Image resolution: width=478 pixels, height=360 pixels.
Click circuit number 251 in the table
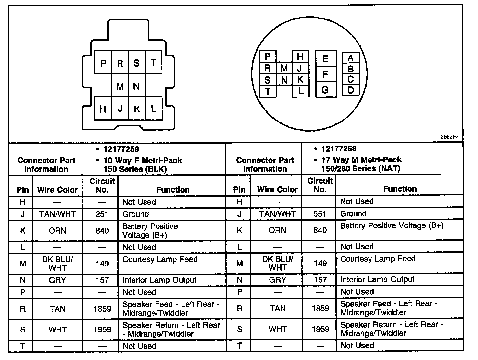102,214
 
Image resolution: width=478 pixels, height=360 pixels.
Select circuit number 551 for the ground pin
320,214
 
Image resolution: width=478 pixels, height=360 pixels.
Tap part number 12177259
121,149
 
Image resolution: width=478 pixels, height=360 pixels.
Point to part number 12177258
339,149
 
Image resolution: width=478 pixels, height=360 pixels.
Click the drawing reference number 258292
449,137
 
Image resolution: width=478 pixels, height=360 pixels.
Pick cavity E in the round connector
325,59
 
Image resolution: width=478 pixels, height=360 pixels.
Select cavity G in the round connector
325,90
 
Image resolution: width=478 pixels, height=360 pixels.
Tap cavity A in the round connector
350,58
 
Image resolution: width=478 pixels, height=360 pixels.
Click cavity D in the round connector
350,90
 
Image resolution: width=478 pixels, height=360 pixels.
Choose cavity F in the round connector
325,74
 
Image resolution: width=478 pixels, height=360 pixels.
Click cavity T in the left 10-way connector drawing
153,63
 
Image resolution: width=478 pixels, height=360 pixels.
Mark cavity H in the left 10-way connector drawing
103,109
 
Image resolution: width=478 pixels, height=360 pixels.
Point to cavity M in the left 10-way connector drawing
120,86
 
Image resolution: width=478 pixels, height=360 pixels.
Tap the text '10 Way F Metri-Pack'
143,161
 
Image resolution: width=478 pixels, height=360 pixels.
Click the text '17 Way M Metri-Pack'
361,160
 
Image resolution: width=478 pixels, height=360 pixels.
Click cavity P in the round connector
268,57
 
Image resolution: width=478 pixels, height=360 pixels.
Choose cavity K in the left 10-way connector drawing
137,109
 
